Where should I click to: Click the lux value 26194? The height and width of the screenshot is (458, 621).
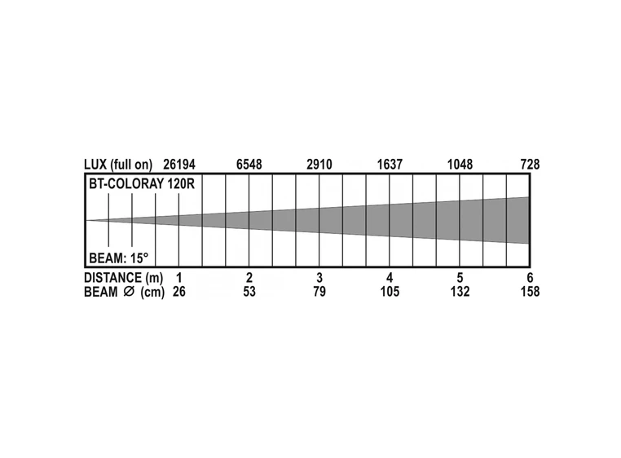179,165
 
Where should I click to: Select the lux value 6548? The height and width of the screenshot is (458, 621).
249,165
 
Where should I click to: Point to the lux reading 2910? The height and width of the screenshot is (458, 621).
319,165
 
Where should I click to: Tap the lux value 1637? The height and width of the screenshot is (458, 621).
390,165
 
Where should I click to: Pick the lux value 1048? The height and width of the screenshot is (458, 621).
460,165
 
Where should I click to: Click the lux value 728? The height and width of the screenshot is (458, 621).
530,165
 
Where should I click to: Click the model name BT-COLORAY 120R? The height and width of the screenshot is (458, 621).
142,184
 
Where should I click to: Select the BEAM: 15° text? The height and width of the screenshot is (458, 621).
119,258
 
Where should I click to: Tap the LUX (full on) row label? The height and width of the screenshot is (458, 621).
118,165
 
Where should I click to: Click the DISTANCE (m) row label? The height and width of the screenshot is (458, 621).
124,278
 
